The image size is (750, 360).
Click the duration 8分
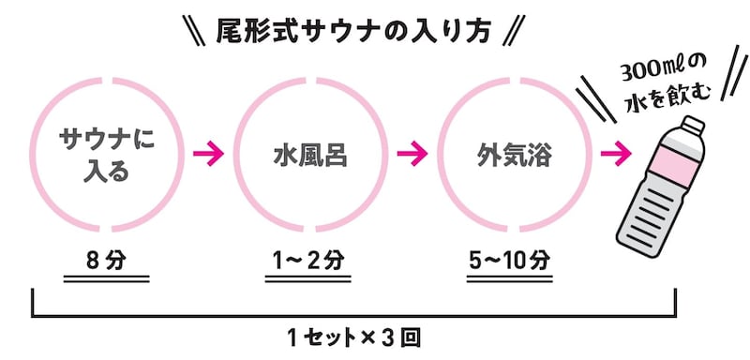[110, 259]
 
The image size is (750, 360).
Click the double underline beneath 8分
[110, 278]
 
